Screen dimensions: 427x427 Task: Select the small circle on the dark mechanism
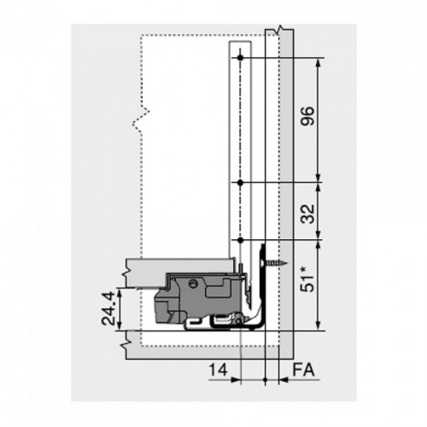coord(193,284)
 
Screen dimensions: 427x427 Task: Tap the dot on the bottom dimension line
coord(265,379)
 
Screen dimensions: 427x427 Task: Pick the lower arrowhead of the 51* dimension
coord(318,326)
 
